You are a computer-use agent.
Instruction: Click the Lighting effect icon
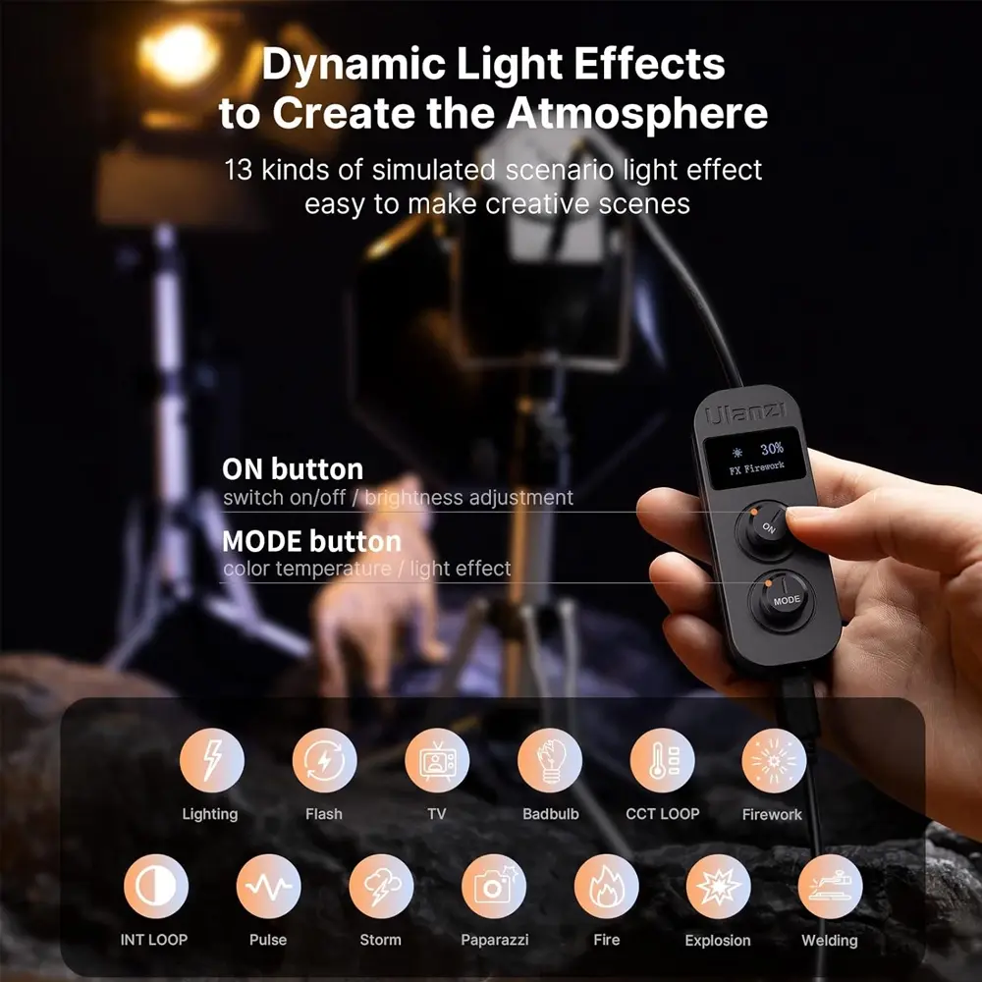(212, 760)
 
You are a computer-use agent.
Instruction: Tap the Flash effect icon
(324, 760)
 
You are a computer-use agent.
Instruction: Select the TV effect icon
(437, 760)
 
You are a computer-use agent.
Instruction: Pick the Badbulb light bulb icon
(550, 760)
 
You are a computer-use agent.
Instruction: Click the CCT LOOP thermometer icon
(662, 760)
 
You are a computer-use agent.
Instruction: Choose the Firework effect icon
(774, 760)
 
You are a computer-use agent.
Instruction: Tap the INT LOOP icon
(156, 886)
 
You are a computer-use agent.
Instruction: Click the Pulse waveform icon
(269, 886)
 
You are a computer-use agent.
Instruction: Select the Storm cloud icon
(381, 886)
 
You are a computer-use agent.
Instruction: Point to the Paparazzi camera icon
(494, 886)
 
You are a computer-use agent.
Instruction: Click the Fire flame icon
(606, 886)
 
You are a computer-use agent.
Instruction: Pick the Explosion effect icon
(719, 886)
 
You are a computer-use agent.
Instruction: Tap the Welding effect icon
(831, 886)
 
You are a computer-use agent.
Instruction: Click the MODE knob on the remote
(782, 601)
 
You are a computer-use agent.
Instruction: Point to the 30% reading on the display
(772, 449)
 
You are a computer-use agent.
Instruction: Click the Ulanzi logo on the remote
(744, 413)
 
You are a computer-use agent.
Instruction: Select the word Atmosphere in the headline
(637, 113)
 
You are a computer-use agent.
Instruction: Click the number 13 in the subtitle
(238, 170)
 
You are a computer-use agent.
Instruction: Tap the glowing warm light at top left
(179, 54)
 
